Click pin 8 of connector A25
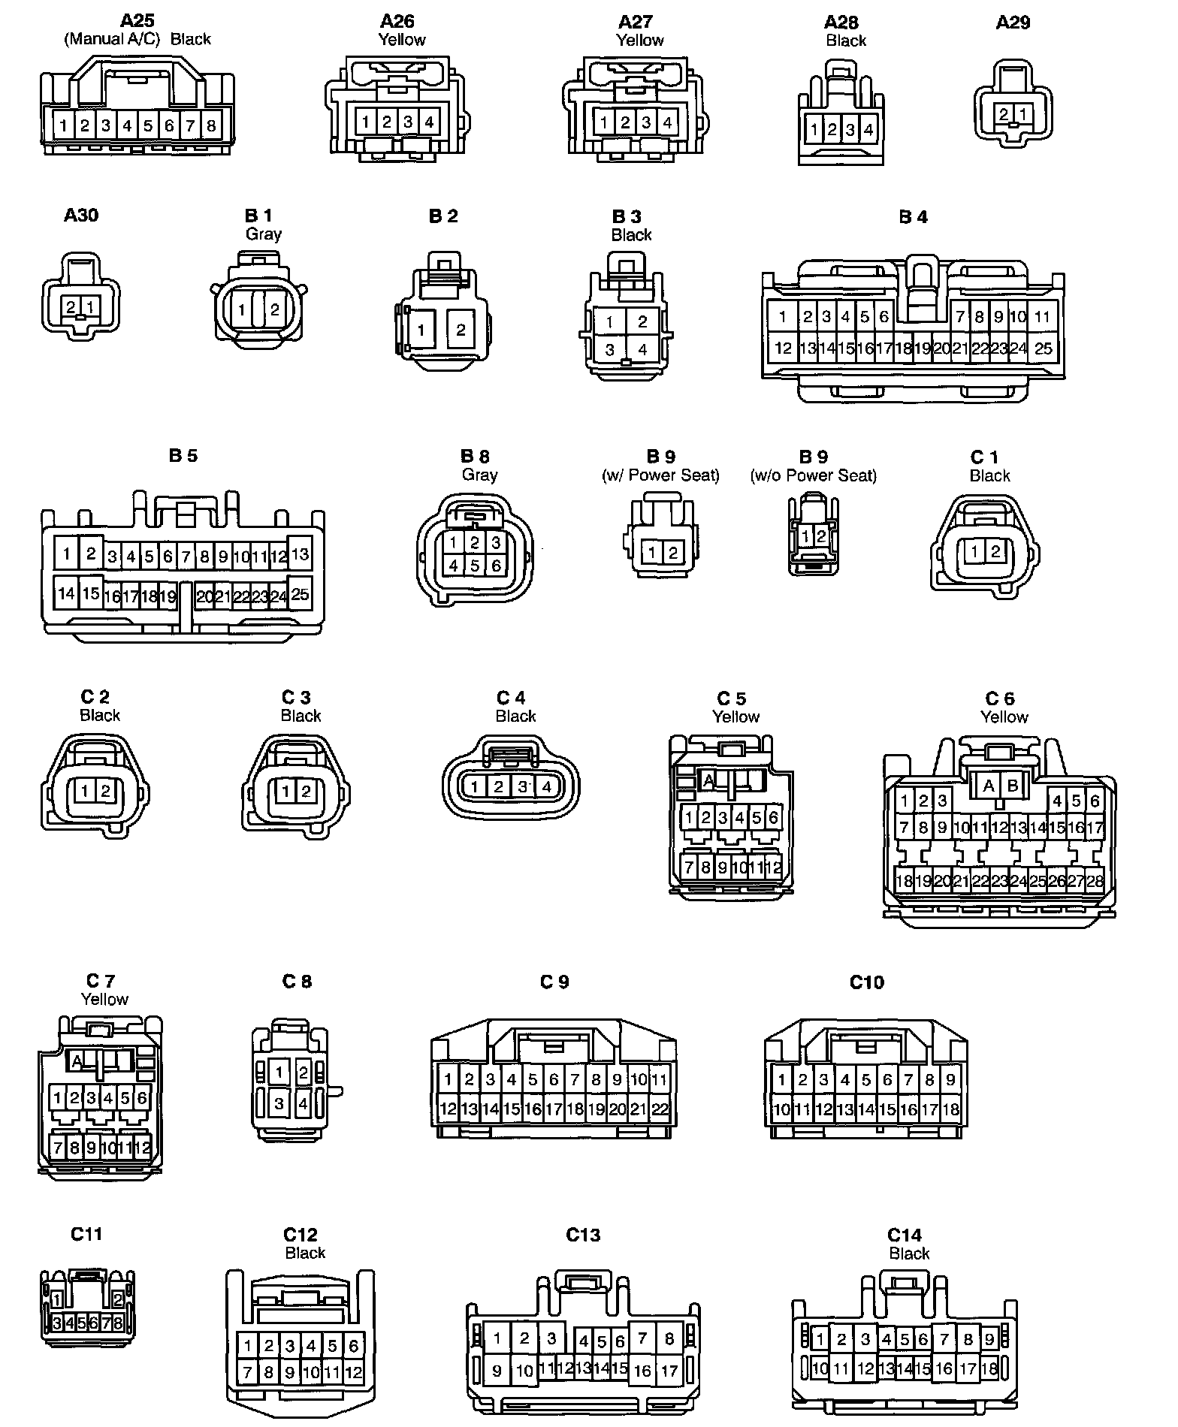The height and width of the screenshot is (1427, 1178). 211,125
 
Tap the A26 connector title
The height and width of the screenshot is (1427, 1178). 397,21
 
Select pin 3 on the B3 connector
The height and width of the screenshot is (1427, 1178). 609,349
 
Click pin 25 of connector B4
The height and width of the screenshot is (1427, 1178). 1043,348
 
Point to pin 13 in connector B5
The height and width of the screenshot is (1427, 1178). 300,554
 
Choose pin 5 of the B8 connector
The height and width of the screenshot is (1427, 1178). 474,565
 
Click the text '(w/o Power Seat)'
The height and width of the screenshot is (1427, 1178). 814,475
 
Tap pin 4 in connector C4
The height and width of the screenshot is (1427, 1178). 546,787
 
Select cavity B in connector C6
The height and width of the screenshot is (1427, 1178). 1013,786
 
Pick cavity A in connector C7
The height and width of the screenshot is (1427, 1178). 76,1061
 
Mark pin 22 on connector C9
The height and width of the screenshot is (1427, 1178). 659,1109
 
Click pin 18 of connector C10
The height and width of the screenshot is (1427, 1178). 950,1109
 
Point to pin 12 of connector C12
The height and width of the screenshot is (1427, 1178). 353,1373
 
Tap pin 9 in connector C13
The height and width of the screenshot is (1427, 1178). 497,1370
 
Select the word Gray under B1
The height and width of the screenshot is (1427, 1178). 264,234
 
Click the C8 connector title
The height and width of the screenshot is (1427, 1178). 297,981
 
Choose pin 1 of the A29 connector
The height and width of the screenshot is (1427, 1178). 1023,115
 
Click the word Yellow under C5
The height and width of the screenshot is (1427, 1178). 735,717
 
